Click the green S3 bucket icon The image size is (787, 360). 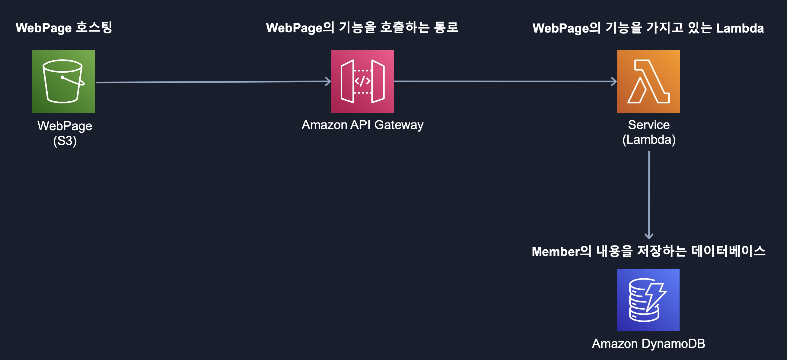64,81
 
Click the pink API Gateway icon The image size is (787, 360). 362,81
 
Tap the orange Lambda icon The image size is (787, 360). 648,81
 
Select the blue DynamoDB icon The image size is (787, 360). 648,299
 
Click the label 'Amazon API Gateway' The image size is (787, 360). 362,125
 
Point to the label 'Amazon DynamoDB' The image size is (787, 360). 648,343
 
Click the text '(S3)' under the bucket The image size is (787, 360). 65,141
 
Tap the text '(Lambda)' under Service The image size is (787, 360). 648,140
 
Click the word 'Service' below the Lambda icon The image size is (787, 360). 648,125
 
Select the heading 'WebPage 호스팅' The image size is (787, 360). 64,28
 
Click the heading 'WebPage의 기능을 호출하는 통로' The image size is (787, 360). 362,28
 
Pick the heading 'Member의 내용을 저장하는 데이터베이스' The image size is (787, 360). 648,251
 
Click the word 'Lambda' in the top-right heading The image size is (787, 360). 740,28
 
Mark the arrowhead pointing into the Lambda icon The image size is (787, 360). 614,81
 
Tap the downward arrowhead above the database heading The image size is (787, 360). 648,236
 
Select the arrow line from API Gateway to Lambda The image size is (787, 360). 504,81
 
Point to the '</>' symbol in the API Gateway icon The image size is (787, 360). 362,81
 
